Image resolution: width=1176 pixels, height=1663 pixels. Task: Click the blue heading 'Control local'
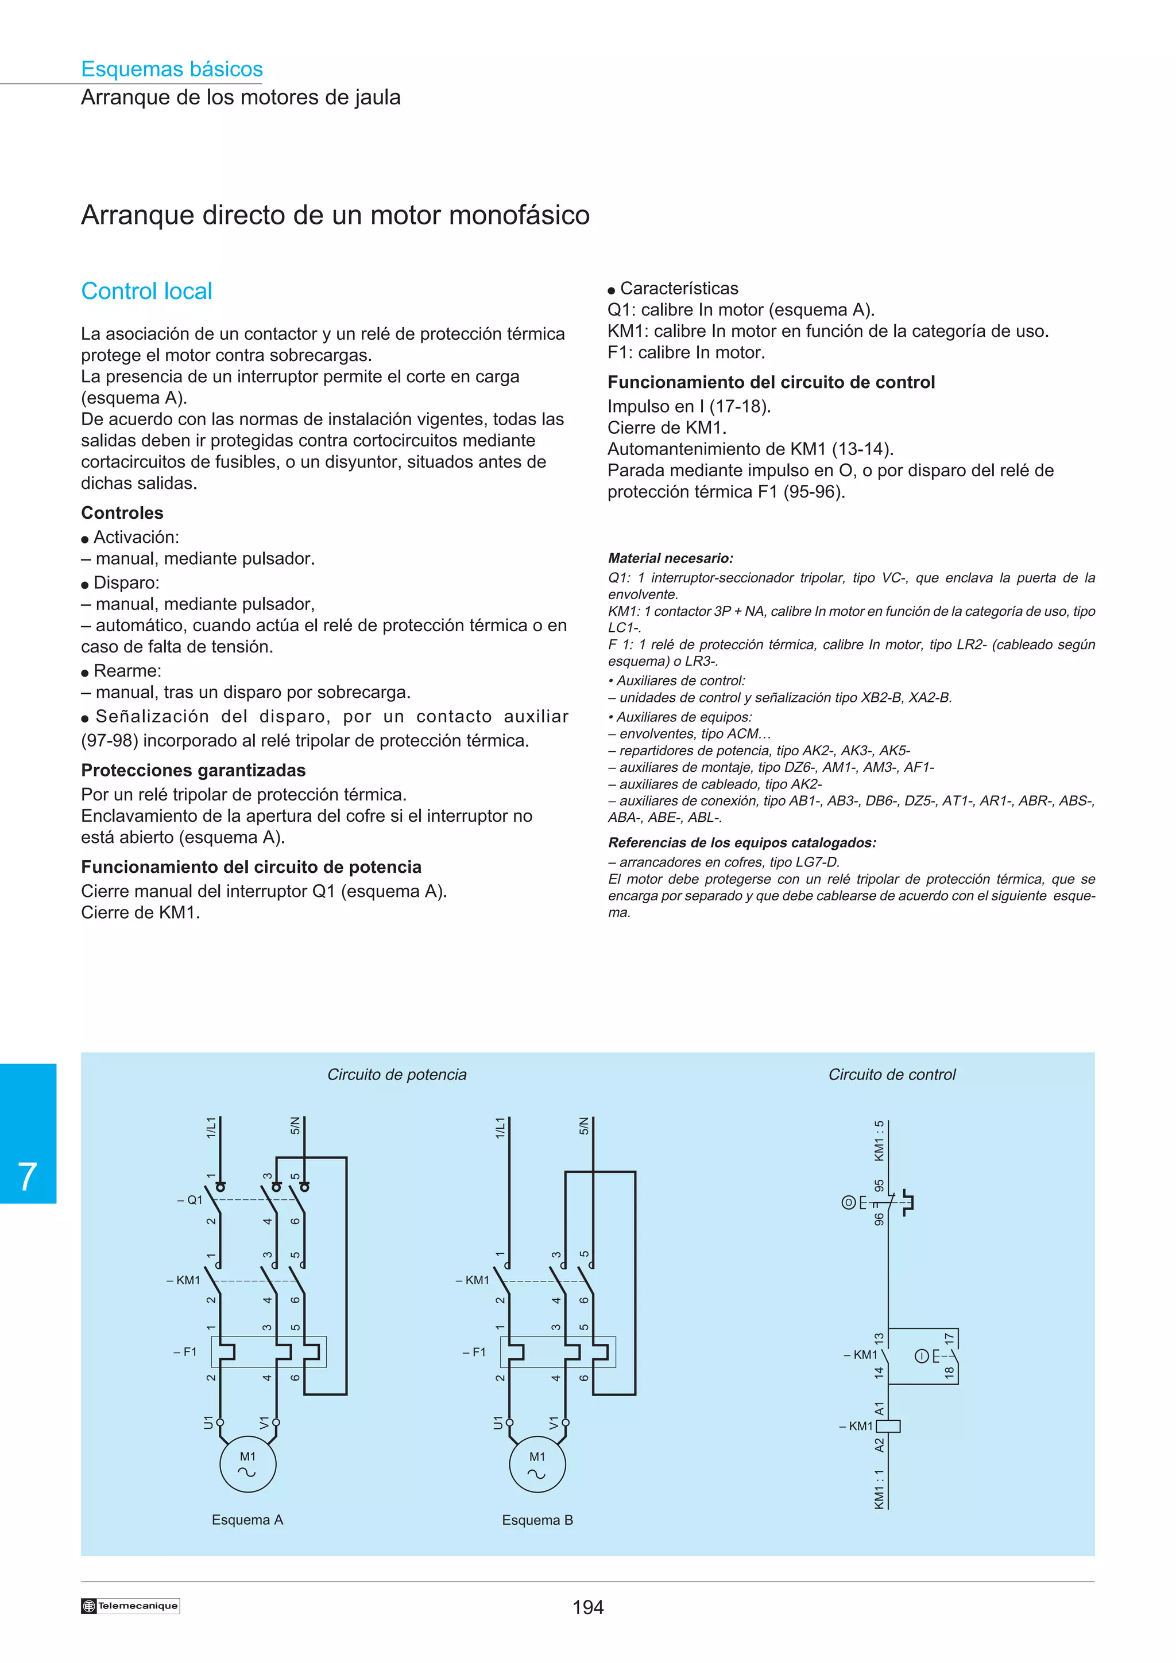click(x=146, y=291)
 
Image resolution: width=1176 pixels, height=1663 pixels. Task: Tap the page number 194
click(x=587, y=1607)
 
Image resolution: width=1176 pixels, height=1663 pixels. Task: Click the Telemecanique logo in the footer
click(x=130, y=1606)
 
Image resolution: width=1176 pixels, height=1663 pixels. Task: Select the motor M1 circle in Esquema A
click(x=248, y=1464)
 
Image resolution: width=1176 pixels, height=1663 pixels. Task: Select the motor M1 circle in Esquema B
click(x=537, y=1464)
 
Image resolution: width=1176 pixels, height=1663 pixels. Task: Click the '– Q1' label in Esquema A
click(x=191, y=1199)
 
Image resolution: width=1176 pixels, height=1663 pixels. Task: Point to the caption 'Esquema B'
click(x=537, y=1520)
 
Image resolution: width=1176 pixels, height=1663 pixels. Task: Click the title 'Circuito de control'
click(x=891, y=1074)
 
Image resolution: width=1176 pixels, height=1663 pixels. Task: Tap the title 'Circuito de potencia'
click(x=396, y=1074)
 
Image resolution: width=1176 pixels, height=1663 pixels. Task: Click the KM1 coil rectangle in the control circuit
click(x=889, y=1425)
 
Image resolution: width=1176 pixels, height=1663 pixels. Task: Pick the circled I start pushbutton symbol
click(x=922, y=1356)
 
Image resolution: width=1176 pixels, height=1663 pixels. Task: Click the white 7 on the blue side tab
click(x=28, y=1176)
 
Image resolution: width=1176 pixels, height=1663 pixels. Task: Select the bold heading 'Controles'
click(x=122, y=513)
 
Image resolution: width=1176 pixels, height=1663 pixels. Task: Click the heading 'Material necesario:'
click(x=670, y=558)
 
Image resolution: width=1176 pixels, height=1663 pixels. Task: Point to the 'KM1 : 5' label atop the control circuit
click(x=879, y=1141)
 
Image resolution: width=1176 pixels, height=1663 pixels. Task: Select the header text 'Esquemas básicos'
click(x=172, y=69)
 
